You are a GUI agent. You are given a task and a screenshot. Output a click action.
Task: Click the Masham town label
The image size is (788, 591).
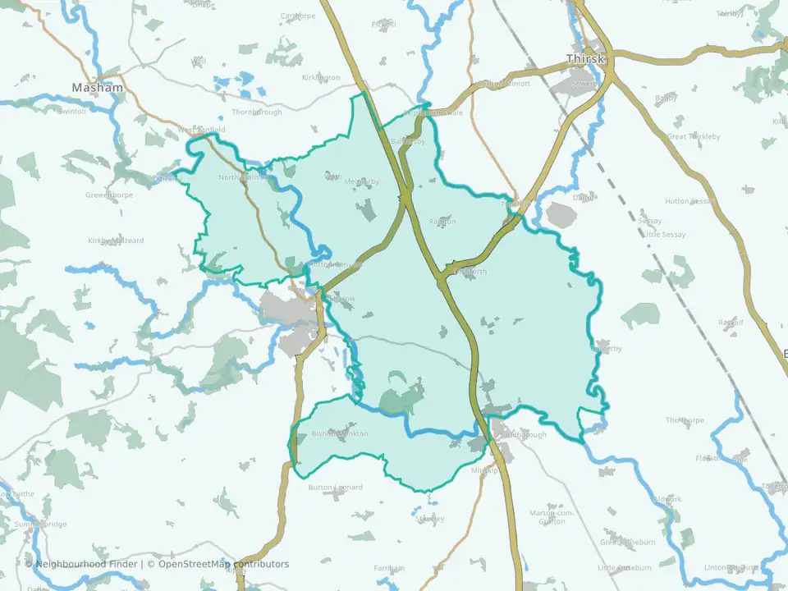(x=97, y=88)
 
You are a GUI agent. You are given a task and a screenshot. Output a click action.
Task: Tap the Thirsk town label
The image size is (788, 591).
(x=585, y=59)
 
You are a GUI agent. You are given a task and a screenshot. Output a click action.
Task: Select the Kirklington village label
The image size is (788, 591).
(x=321, y=77)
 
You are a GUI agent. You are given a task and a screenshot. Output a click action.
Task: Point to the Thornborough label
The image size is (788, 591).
(x=257, y=112)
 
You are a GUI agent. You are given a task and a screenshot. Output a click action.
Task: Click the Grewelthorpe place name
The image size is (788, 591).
(x=108, y=195)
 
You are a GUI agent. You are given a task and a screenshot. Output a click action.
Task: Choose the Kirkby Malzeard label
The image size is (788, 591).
(x=116, y=241)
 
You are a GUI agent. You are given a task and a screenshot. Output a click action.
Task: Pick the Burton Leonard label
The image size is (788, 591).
(x=335, y=488)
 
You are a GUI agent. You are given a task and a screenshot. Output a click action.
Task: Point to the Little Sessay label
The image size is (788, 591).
(x=664, y=235)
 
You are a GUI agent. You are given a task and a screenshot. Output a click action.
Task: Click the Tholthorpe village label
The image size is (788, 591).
(x=685, y=420)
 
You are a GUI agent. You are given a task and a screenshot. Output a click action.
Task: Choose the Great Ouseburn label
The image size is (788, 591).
(x=627, y=543)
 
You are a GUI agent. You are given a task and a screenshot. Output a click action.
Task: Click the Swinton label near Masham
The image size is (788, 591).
(x=71, y=112)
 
